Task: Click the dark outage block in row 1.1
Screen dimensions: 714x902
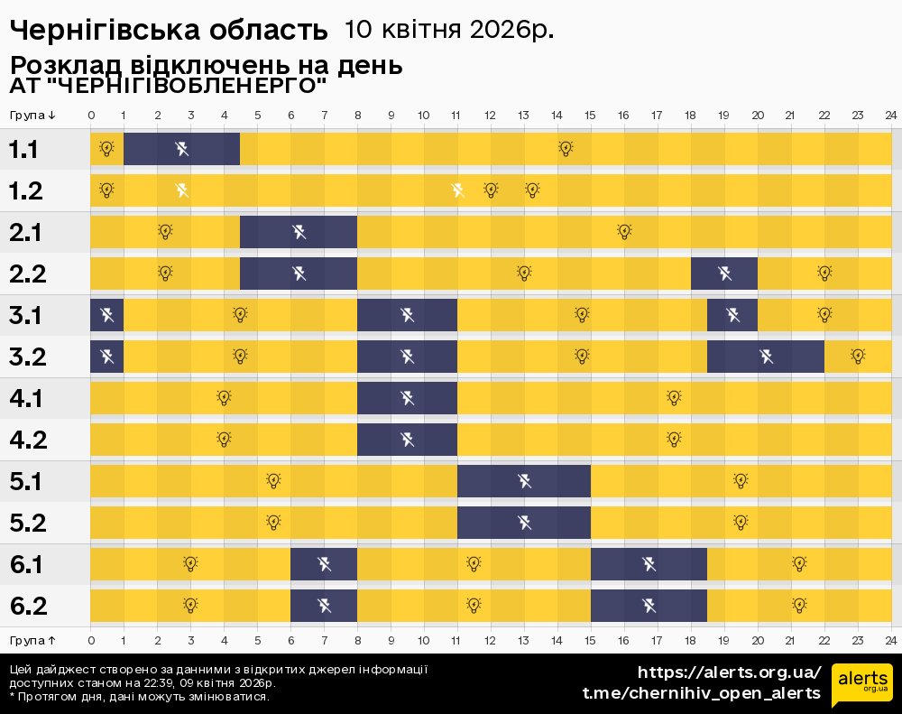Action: click(181, 149)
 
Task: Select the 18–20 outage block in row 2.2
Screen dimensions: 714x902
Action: click(724, 273)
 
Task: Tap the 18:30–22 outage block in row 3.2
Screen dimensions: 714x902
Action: click(766, 356)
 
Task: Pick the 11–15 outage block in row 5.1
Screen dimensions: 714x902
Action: click(524, 480)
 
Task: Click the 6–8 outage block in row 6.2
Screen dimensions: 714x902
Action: click(324, 605)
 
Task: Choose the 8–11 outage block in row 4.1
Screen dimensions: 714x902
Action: click(407, 397)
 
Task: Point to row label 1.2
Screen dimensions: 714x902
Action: click(24, 190)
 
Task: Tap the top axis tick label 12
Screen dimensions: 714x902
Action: click(490, 116)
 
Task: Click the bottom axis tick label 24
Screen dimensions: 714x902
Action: click(890, 640)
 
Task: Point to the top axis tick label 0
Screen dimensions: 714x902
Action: click(91, 116)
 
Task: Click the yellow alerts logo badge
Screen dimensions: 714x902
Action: click(861, 684)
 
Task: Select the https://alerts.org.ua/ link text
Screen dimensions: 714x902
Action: click(729, 672)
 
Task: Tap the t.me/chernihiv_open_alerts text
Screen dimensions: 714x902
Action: click(701, 693)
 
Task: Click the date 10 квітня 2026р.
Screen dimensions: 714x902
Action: click(448, 30)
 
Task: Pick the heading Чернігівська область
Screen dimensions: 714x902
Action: click(169, 31)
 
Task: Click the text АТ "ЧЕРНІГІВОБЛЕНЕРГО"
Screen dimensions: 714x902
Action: click(168, 87)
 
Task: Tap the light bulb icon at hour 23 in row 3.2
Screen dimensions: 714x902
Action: click(858, 356)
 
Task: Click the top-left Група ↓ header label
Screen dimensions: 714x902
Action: click(33, 116)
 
